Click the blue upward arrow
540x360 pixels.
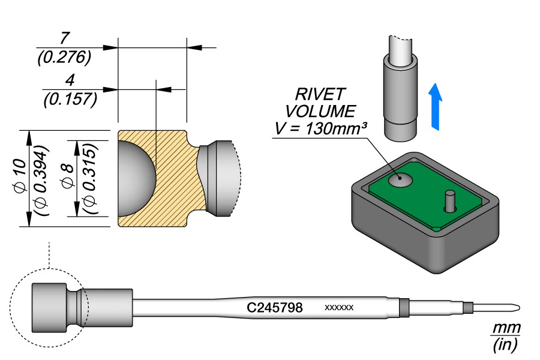point(437,106)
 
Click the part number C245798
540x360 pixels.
point(274,308)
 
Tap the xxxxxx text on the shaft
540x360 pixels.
point(339,308)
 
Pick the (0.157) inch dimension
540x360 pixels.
point(70,99)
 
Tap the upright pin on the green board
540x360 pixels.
point(448,200)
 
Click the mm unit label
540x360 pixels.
point(506,328)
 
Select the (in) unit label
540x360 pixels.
point(505,344)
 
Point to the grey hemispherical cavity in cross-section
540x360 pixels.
point(136,178)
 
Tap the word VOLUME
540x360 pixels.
point(320,111)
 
